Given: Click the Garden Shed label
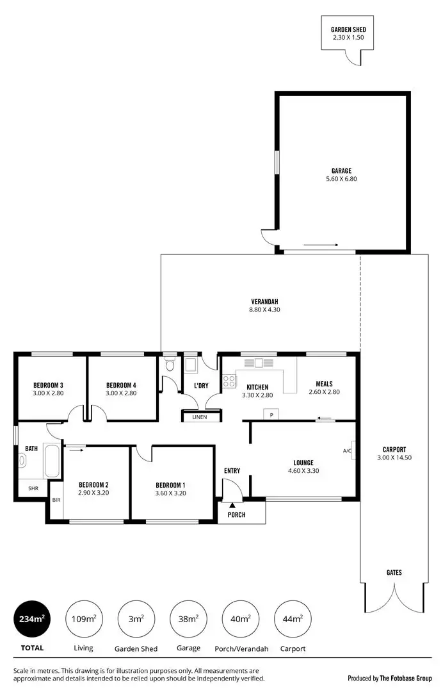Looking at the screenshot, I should click(348, 29).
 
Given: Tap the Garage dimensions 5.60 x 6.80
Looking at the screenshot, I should click(341, 179).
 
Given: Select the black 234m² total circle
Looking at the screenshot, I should click(32, 619).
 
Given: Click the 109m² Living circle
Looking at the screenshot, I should click(84, 619).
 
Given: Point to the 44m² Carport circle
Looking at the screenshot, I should click(292, 619).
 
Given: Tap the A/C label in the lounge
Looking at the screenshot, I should click(347, 450).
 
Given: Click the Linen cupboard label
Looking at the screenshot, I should click(200, 418).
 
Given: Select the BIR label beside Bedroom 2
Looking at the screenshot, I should click(56, 499).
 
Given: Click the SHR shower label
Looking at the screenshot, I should click(33, 488).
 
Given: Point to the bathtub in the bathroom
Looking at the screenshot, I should click(51, 460).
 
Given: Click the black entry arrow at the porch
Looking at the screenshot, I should click(232, 506).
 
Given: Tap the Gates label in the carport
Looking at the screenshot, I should click(394, 572).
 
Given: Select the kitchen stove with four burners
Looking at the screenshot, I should click(229, 381).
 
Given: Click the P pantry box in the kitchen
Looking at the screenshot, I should click(271, 415).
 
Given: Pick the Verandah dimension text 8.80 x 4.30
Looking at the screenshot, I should click(264, 309).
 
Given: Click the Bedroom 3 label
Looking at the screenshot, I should click(48, 385).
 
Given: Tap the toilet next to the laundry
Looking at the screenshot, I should click(169, 366).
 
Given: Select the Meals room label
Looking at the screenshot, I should click(324, 384).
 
